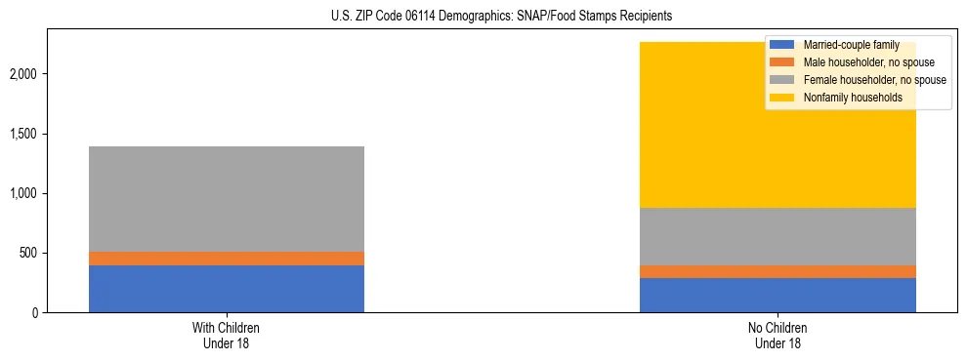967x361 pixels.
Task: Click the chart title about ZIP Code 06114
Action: (x=483, y=17)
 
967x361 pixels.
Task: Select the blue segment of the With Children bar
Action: (x=227, y=289)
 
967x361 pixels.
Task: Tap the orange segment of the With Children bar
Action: (x=227, y=259)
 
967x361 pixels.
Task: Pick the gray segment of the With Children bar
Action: (x=227, y=199)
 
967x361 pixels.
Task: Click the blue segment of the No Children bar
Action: (x=778, y=295)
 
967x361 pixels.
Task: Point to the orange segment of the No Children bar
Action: (x=778, y=271)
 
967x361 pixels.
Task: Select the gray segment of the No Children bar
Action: (x=778, y=236)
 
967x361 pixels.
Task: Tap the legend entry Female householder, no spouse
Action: (x=874, y=80)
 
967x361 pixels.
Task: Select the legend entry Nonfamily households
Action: (x=853, y=98)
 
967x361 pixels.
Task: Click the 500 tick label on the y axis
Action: (x=31, y=253)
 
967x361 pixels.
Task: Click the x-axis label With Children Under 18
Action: (x=227, y=335)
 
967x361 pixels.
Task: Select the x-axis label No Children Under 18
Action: (x=778, y=335)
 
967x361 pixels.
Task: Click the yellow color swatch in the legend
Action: (x=782, y=98)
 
